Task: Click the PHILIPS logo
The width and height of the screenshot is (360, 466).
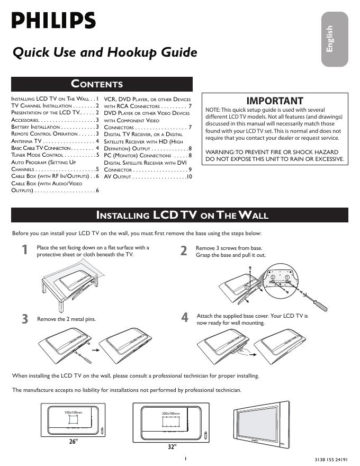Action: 53,21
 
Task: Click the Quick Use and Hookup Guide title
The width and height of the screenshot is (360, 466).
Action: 105,53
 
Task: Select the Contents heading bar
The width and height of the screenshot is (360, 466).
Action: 102,84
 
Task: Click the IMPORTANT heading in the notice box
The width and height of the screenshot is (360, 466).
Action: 275,101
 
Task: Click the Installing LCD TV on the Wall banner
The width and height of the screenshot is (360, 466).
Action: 182,215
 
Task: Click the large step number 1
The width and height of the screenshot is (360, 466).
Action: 25,250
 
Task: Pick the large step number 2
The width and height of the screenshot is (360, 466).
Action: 184,250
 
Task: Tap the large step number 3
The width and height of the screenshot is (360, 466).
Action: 25,319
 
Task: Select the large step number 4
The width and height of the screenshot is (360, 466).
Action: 184,318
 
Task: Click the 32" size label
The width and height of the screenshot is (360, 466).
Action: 171,447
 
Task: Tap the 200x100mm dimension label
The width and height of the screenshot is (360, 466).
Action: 170,413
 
